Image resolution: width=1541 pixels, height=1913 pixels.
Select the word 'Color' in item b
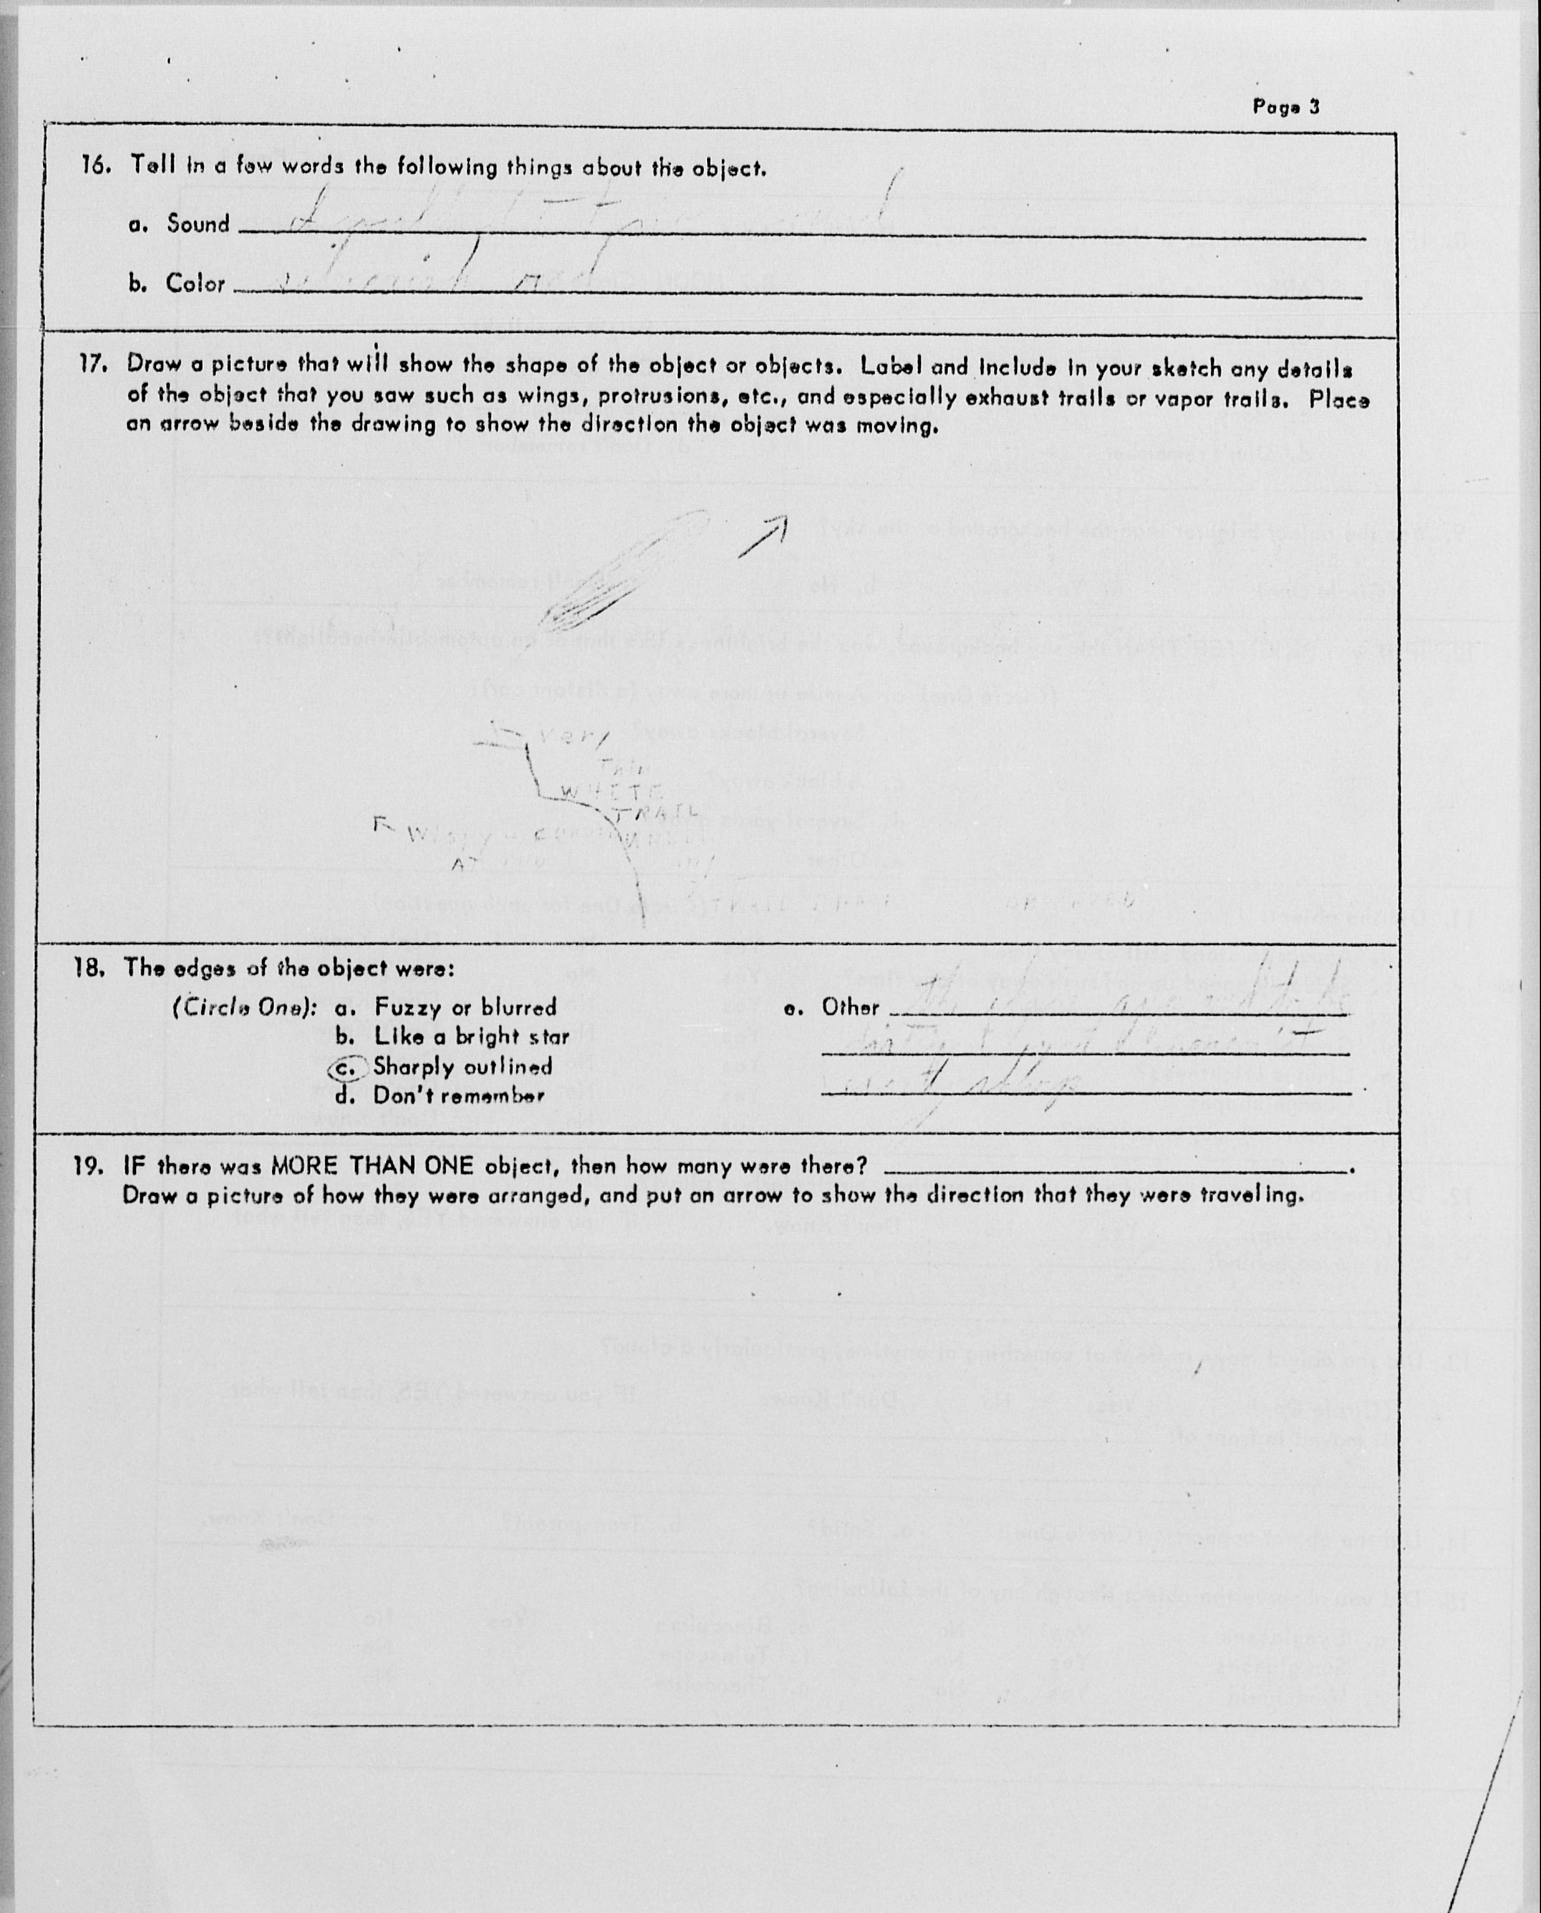pos(195,284)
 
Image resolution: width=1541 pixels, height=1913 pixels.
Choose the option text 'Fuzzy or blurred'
pos(465,1007)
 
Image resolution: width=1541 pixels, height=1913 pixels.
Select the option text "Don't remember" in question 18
pos(458,1096)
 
